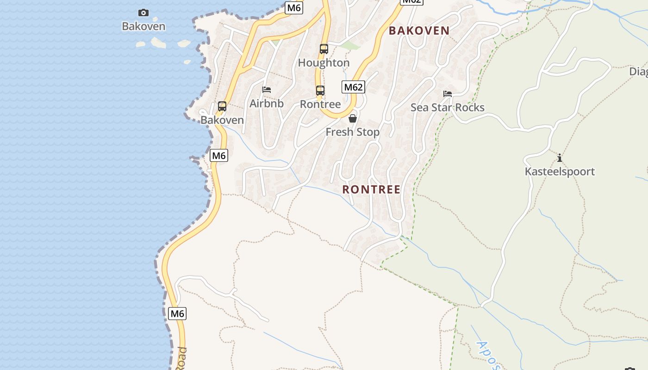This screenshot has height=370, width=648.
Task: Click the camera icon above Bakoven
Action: coord(143,12)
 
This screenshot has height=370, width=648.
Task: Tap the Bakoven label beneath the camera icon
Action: coord(143,26)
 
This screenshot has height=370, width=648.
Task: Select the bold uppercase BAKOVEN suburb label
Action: coord(419,31)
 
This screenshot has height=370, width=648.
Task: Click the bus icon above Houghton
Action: coord(324,49)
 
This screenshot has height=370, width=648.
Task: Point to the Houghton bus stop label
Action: coord(324,62)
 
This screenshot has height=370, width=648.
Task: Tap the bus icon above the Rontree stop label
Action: coord(320,90)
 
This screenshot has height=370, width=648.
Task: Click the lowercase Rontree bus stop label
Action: coord(320,104)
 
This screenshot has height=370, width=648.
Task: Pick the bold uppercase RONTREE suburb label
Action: coord(371,190)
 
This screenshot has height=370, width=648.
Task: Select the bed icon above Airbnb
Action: coord(267,89)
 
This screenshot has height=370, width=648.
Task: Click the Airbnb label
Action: coord(267,103)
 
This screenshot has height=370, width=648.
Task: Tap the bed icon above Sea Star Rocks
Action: coord(448,93)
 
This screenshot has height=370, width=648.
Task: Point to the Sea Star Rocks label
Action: coord(448,107)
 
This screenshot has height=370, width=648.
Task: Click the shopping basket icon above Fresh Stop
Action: coord(353,118)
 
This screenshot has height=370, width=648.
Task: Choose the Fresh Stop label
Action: coord(353,132)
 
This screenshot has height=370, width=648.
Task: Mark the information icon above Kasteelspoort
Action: coord(560,158)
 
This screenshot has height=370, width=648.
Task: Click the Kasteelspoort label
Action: coord(560,172)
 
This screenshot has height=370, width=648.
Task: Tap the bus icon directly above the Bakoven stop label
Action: coord(222,106)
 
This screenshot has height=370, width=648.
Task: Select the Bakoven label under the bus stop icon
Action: coord(222,120)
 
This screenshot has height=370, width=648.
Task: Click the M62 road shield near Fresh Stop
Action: coord(353,87)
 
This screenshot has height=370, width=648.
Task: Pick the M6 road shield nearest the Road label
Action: coord(177,314)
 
